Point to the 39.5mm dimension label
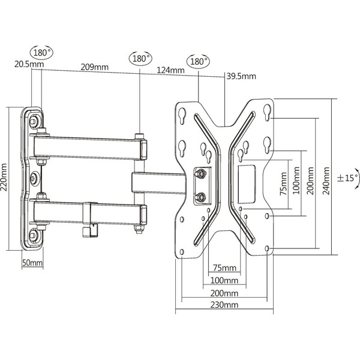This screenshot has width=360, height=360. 241,76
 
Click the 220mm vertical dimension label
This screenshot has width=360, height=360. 5,178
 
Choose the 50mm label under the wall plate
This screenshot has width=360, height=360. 32,263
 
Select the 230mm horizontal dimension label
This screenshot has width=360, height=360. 225,305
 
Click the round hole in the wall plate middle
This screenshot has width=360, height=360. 34,178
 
